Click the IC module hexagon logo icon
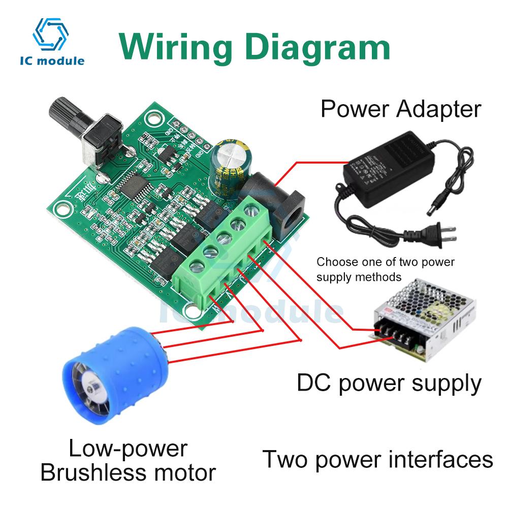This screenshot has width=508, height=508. point(50,34)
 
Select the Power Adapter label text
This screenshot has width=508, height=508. point(400,109)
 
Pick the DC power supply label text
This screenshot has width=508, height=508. point(389,384)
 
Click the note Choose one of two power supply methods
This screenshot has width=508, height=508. point(386,270)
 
